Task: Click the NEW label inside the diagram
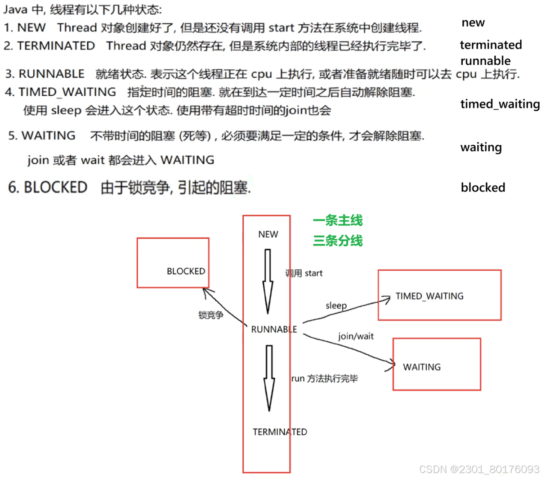click(268, 234)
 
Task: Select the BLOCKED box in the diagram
click(173, 263)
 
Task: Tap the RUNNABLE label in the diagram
click(274, 330)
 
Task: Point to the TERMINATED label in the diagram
click(280, 432)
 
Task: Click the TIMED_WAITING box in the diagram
click(439, 295)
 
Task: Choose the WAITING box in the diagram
click(437, 364)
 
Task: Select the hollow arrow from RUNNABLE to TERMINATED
click(269, 378)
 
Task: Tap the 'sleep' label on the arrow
click(336, 306)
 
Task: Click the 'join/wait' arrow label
click(356, 336)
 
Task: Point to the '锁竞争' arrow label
click(211, 315)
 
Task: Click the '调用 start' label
click(304, 273)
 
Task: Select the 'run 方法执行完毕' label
click(324, 379)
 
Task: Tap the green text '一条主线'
click(338, 221)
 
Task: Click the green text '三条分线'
click(338, 241)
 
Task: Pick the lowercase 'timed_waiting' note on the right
click(500, 104)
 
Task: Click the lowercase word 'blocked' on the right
click(483, 188)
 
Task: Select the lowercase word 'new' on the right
click(473, 23)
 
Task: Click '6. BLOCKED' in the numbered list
click(48, 187)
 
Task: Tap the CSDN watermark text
click(478, 469)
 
